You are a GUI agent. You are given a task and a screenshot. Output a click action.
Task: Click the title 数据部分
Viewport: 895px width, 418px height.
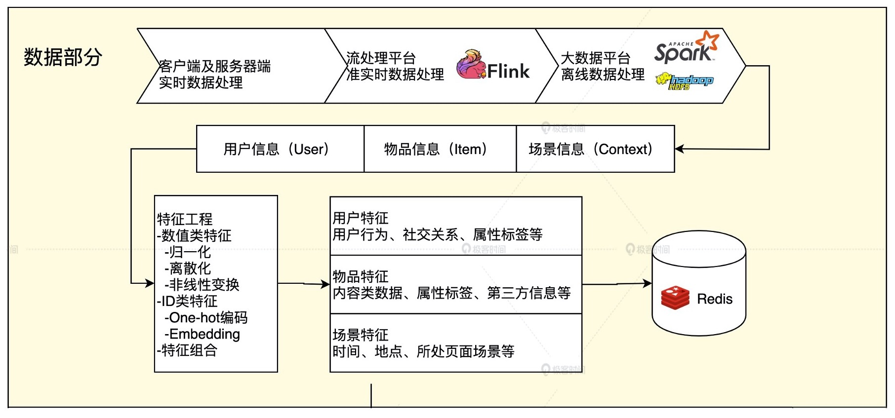click(x=63, y=57)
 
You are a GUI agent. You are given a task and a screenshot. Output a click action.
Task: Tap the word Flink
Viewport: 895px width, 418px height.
click(x=508, y=71)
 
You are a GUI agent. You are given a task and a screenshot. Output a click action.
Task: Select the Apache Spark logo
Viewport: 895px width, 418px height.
click(x=686, y=47)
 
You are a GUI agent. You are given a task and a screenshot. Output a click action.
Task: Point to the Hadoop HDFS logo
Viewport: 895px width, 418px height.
click(x=685, y=81)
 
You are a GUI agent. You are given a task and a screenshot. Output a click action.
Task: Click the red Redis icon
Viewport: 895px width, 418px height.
click(x=675, y=298)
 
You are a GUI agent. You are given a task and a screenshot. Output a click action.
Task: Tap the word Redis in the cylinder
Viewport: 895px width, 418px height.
click(x=715, y=299)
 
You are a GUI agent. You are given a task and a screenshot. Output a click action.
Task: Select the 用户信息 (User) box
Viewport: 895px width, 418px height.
click(x=280, y=149)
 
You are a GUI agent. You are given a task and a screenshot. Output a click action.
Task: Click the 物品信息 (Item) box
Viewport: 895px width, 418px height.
click(x=440, y=149)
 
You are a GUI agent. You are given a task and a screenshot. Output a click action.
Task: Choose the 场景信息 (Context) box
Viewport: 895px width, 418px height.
click(x=595, y=149)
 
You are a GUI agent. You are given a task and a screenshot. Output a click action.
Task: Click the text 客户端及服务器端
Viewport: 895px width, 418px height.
click(x=215, y=66)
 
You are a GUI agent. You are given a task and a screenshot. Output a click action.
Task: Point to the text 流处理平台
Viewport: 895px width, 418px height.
click(x=381, y=58)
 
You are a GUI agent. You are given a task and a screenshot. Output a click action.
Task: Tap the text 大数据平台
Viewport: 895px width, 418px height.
click(x=596, y=58)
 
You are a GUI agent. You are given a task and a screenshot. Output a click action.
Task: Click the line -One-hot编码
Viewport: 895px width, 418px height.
click(x=206, y=317)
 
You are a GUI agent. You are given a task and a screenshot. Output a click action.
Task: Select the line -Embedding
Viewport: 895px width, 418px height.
click(x=203, y=334)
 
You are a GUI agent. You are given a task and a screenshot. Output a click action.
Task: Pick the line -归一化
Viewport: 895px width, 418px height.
click(x=188, y=252)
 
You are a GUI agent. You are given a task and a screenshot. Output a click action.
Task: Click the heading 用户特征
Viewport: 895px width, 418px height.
click(x=361, y=218)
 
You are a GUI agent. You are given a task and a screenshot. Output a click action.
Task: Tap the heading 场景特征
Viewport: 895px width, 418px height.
click(x=361, y=335)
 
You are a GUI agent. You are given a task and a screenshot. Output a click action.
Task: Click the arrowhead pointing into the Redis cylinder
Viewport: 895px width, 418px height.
click(x=647, y=283)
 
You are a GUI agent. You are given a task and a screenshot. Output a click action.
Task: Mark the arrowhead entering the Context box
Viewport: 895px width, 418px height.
click(x=680, y=149)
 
